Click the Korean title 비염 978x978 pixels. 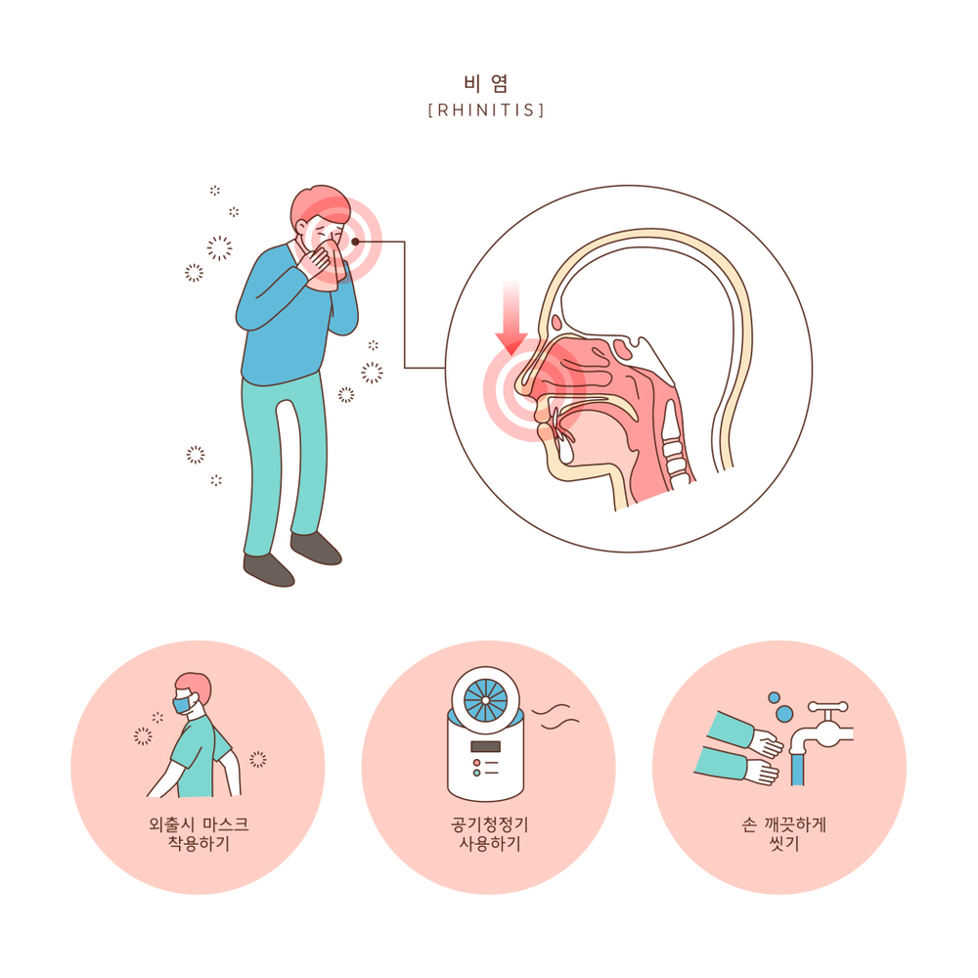click(x=486, y=83)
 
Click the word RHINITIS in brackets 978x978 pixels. click(x=486, y=111)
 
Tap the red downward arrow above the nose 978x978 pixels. click(x=511, y=317)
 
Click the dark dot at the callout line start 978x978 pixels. click(x=355, y=242)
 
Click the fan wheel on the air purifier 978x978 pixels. click(x=486, y=700)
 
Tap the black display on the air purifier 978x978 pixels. click(x=486, y=746)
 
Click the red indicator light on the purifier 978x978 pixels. click(x=477, y=762)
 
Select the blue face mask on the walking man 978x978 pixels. click(x=182, y=705)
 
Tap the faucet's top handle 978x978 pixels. click(x=827, y=707)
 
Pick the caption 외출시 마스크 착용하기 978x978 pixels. click(x=199, y=834)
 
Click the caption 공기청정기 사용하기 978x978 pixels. click(x=490, y=834)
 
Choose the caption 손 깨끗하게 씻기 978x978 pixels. click(x=783, y=834)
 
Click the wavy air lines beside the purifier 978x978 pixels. click(x=556, y=716)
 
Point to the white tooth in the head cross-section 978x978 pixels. click(x=565, y=449)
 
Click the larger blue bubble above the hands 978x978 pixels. click(x=784, y=713)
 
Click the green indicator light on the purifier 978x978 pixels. click(x=477, y=773)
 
